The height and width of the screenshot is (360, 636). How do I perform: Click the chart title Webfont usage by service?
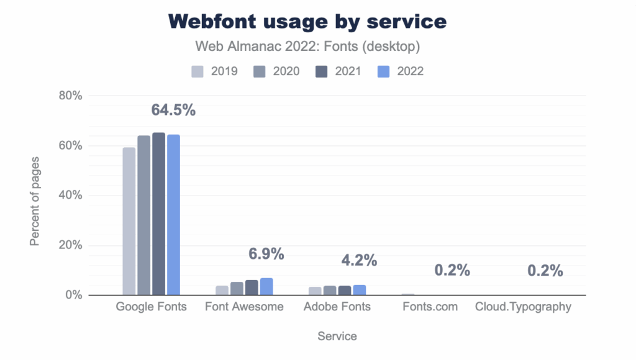coord(307,21)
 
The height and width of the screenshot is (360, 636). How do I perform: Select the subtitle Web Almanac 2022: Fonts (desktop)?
coord(307,47)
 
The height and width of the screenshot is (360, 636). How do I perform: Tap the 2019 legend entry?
coord(215,71)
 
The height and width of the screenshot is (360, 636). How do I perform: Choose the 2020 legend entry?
coord(277,71)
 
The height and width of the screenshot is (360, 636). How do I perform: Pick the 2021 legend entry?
coord(339,71)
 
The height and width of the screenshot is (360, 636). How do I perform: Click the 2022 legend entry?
coord(401,71)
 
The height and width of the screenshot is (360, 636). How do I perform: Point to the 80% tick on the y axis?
coord(70,96)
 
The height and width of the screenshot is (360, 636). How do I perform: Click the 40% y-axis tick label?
coord(70,195)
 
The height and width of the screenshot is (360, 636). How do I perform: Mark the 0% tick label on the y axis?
coord(73,295)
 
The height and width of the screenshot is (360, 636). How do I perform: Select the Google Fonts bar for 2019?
coord(129,221)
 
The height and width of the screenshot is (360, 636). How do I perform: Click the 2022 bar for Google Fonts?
coord(173,215)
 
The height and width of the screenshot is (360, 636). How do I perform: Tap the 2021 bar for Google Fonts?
coord(158,214)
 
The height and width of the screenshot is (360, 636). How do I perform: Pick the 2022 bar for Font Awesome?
coord(266,286)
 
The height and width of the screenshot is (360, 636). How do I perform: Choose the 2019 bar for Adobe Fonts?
coord(315,290)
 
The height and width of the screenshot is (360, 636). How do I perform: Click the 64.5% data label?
coord(173,110)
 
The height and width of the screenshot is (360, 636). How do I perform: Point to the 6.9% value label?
coord(266,254)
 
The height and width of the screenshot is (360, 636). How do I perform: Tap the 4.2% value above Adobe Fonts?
coord(359,261)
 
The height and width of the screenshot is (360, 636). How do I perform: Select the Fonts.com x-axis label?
coord(430,307)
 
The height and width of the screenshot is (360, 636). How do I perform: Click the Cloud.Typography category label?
coord(523,307)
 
